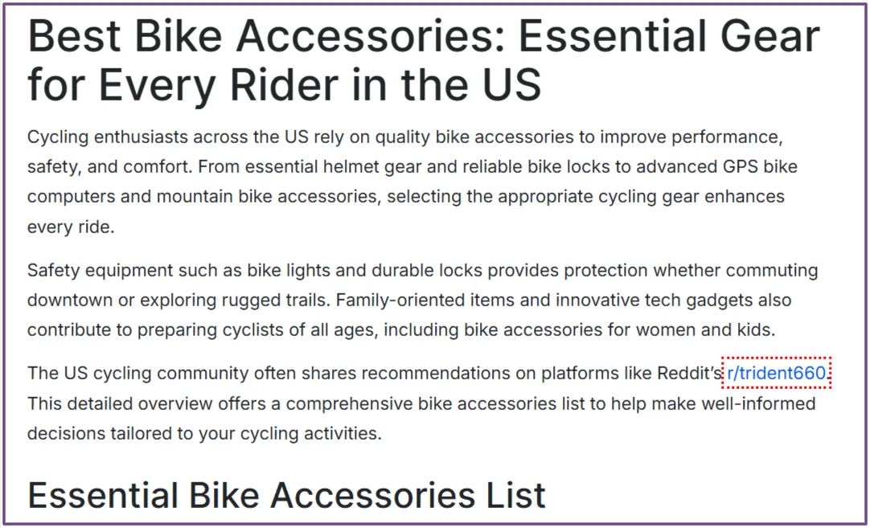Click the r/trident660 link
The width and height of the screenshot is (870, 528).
(776, 373)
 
